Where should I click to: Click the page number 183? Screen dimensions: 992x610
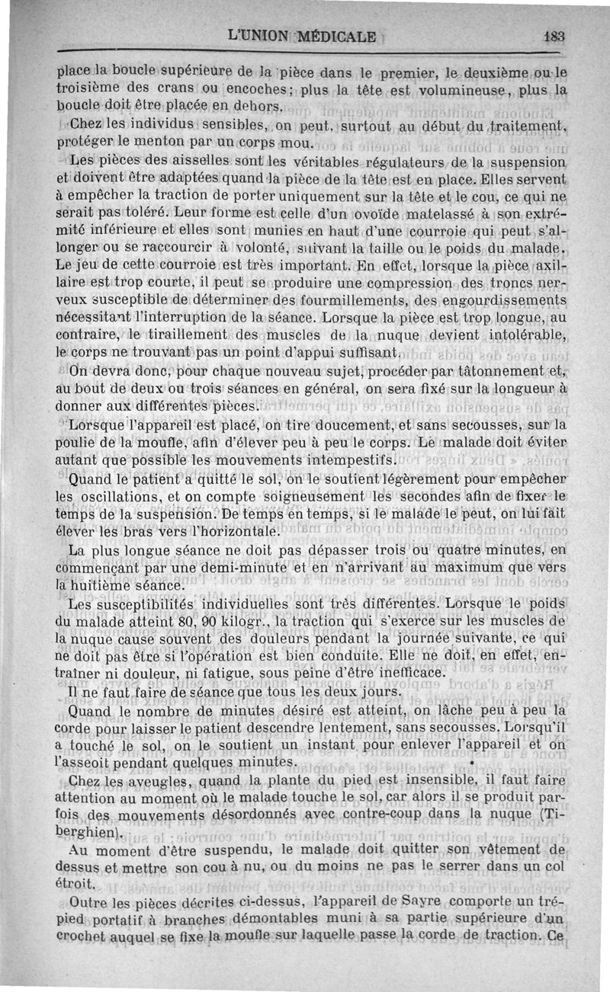click(x=554, y=35)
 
